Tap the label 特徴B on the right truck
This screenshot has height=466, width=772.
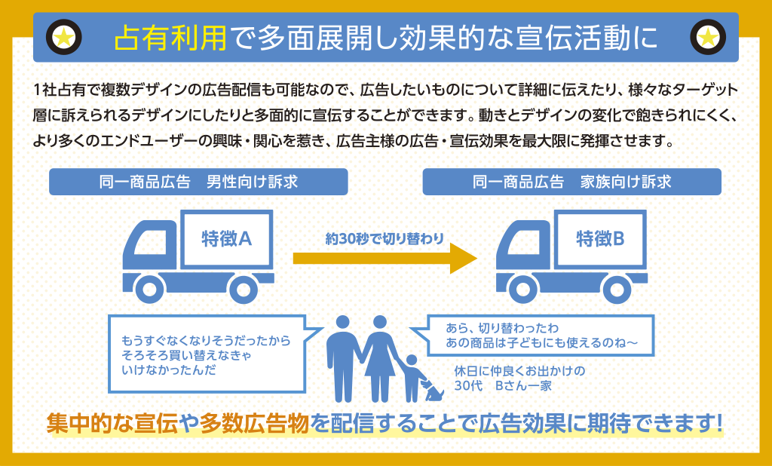click(600, 239)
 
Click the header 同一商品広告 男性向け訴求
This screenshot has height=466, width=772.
click(198, 182)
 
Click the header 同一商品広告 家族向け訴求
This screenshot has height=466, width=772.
click(571, 182)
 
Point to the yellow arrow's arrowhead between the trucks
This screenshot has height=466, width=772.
click(463, 259)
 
